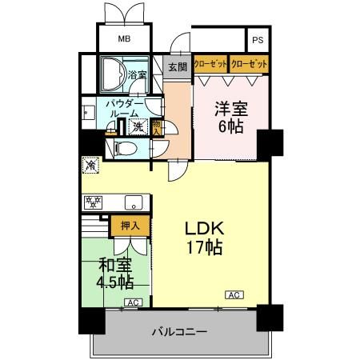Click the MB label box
[124, 38]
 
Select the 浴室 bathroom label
[137, 75]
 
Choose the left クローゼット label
[210, 63]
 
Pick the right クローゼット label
[248, 63]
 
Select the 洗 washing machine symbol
[138, 126]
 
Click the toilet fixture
[125, 148]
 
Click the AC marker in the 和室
[132, 302]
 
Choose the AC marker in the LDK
[234, 294]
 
